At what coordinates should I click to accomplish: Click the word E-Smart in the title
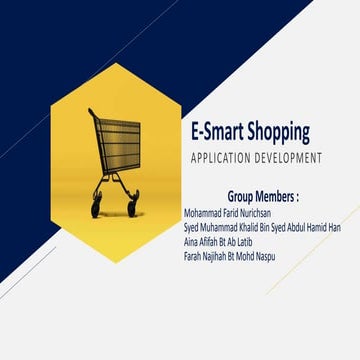(214, 133)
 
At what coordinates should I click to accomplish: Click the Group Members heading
(257, 195)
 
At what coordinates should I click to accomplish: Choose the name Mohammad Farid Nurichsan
(228, 212)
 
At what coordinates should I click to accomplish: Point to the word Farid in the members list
(223, 212)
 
